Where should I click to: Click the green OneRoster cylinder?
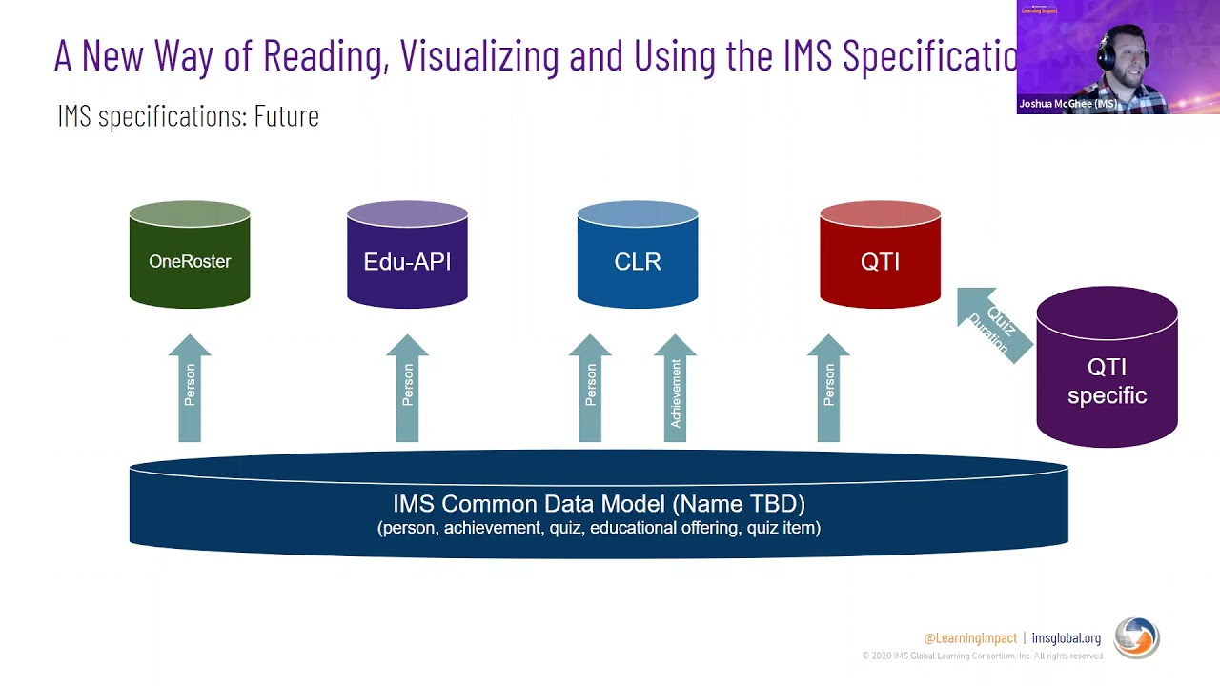tap(190, 255)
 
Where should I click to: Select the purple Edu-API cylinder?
tap(407, 255)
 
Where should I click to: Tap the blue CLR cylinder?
tap(637, 255)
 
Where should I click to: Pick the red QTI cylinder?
tap(880, 255)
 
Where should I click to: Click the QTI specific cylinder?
tap(1107, 372)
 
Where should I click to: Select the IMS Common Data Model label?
tap(599, 504)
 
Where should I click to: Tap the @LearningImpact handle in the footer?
tap(969, 638)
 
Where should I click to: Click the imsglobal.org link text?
tap(1066, 638)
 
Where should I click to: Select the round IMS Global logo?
tap(1136, 638)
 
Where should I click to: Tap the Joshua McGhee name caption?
tap(1067, 104)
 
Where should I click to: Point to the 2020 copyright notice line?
tap(982, 656)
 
